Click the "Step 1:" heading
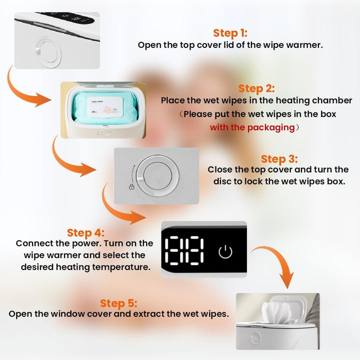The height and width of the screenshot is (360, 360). click(230, 33)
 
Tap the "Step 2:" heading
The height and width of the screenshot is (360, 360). click(256, 88)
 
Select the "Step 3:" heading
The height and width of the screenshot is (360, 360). click(279, 159)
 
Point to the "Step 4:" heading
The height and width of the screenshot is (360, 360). click(86, 232)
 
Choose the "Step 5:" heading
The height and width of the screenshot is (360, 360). click(118, 303)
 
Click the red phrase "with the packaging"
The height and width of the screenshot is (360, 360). click(252, 127)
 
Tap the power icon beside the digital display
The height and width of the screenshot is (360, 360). click(225, 251)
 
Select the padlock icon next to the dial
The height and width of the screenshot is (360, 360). click(131, 187)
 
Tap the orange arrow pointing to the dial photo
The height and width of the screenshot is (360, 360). click(73, 160)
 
